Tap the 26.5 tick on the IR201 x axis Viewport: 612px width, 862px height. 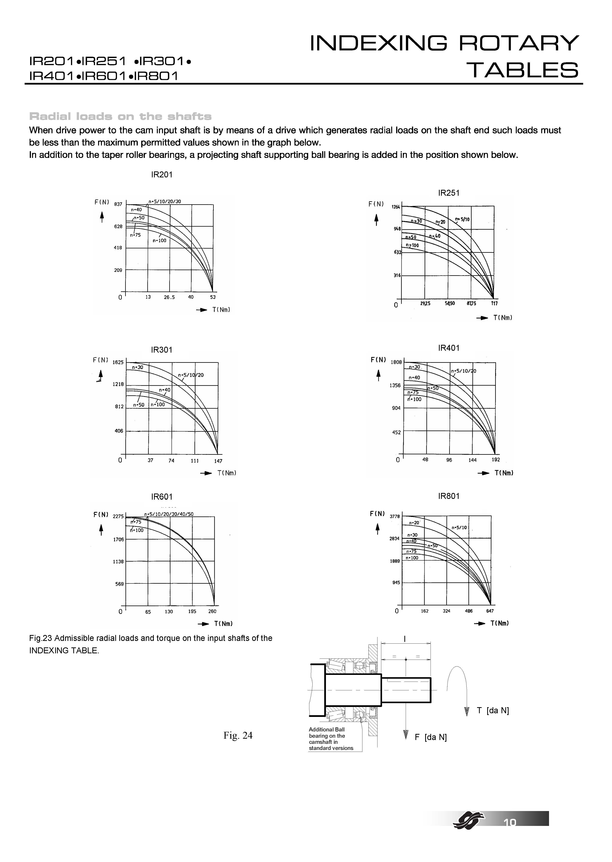coord(169,297)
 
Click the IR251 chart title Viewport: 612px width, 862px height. coord(449,193)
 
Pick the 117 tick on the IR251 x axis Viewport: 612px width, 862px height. coord(494,303)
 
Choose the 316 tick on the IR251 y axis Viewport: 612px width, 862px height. coord(397,275)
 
